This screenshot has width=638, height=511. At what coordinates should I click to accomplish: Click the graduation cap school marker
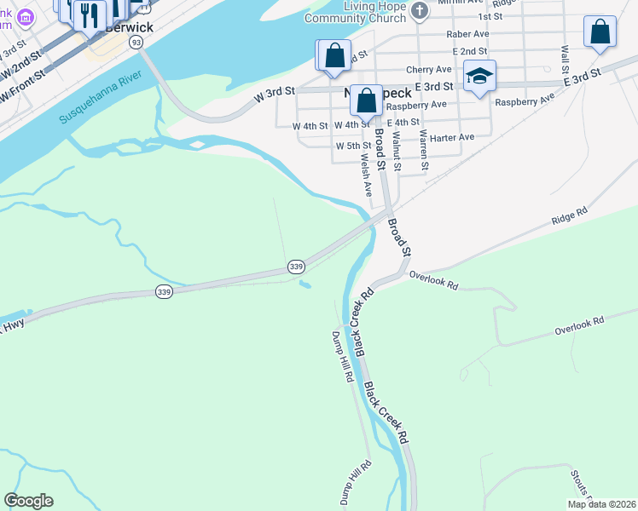pos(479,78)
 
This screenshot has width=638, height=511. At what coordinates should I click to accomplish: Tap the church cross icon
pos(419,11)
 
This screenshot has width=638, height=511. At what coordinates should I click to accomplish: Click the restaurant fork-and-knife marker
pos(89,14)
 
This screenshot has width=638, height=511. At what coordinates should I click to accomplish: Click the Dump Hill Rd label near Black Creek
pos(342,356)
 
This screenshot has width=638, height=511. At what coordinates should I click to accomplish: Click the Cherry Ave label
pos(428,69)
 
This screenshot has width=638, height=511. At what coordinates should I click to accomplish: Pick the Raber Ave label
pos(467,35)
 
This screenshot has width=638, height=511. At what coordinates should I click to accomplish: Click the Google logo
pos(28,501)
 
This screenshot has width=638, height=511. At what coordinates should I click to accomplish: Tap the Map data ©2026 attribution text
pos(601,504)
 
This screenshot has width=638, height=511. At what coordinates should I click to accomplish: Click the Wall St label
pos(565,59)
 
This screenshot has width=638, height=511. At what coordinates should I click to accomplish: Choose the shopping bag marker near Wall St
pos(600,32)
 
